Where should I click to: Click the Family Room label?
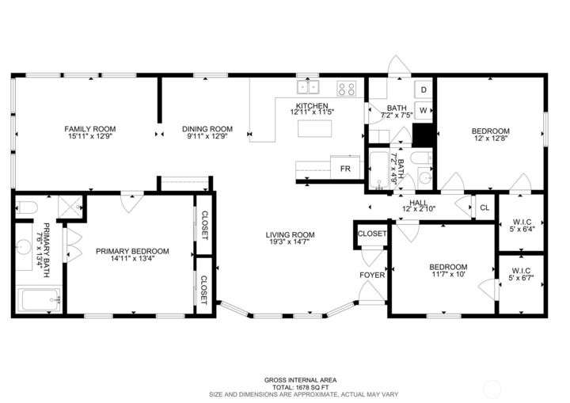(89, 129)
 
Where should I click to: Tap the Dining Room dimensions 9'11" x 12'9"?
(207, 136)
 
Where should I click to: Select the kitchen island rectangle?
(314, 128)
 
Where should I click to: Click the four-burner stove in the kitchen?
(346, 89)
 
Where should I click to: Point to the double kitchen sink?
(308, 87)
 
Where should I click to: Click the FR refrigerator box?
(345, 167)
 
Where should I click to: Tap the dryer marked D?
(424, 89)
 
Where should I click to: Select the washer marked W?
(424, 111)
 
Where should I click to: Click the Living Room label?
(290, 234)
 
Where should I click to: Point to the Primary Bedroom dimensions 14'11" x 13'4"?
(132, 259)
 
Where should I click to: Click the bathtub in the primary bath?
(40, 299)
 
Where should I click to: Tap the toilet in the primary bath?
(27, 207)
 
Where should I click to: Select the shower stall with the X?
(70, 207)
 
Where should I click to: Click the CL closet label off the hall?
(484, 207)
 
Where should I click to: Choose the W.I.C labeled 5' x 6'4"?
(522, 226)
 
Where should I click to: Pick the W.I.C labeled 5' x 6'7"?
(521, 274)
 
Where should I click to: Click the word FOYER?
(372, 275)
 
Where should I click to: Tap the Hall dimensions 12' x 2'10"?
(419, 209)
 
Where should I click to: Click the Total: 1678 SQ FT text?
(300, 387)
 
